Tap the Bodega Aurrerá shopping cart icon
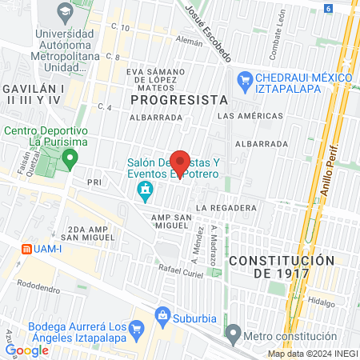click(x=136, y=329)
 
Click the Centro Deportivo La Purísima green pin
click(x=70, y=158)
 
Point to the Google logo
click(x=26, y=350)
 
